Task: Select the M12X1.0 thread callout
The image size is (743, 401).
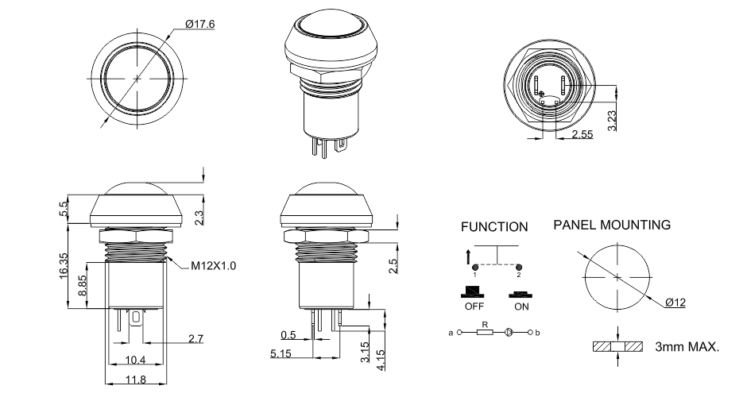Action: pos(213,265)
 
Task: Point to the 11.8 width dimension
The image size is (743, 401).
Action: pos(137,380)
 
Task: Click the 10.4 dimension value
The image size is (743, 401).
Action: pos(136,361)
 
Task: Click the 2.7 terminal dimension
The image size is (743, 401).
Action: pos(195,338)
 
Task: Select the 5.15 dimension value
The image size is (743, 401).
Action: pos(280,353)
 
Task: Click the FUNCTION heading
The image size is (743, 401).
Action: pos(494,227)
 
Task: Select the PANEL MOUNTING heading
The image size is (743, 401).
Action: pos(611,226)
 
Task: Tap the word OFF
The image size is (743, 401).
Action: pos(474,305)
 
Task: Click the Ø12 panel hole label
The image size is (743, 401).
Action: pos(675,303)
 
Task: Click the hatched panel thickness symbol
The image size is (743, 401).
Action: pos(617,347)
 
